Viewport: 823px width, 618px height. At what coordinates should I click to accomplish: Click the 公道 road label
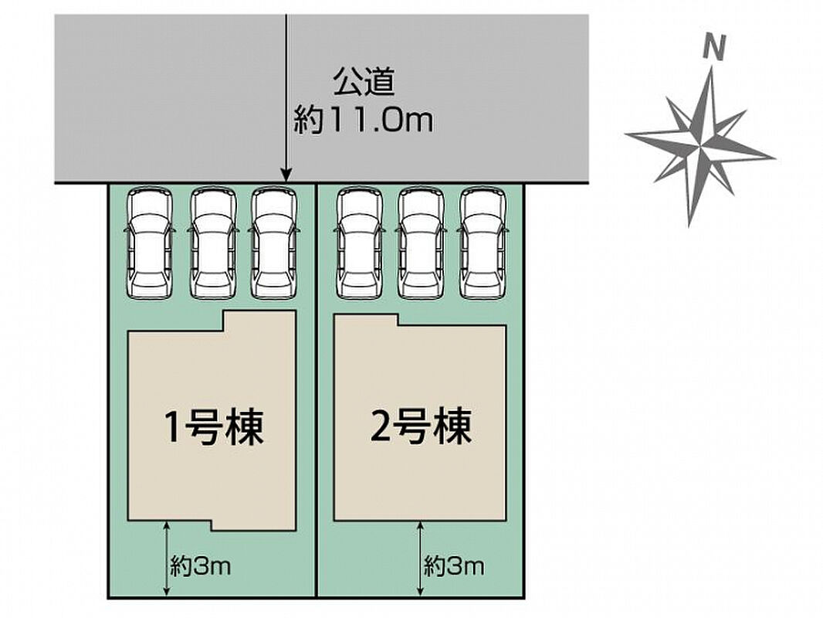click(363, 83)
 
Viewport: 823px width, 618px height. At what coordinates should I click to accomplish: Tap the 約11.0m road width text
click(363, 121)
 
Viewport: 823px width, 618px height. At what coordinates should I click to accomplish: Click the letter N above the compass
click(714, 49)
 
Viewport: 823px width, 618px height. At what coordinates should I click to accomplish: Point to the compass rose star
click(699, 146)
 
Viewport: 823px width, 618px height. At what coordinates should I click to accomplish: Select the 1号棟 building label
click(214, 427)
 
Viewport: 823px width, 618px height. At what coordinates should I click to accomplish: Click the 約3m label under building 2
click(454, 566)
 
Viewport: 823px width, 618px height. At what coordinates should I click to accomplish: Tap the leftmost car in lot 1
click(150, 243)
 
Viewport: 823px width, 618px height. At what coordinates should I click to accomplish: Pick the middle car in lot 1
click(212, 243)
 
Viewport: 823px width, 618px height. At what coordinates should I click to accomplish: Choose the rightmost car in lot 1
click(273, 243)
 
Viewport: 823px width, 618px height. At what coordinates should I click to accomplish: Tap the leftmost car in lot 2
click(359, 243)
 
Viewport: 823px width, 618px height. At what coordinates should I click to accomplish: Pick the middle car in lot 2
click(421, 243)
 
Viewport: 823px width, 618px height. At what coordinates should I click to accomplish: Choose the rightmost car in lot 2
click(483, 243)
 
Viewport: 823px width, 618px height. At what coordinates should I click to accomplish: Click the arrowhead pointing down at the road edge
click(286, 175)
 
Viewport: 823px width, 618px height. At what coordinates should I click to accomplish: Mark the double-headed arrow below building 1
click(167, 559)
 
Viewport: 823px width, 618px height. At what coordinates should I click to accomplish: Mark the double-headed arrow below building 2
click(421, 559)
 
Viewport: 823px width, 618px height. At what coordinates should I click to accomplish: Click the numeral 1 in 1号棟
click(173, 428)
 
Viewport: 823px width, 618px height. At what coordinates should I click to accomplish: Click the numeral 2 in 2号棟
click(381, 427)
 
